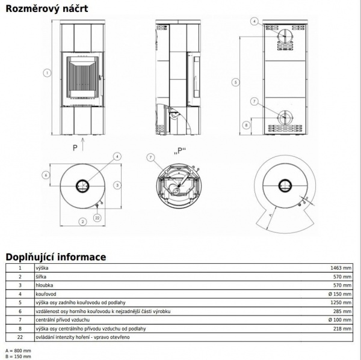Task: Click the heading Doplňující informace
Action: coord(55,257)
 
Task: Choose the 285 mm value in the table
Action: coord(342,311)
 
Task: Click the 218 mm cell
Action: coord(342,329)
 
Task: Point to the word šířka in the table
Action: coord(43,276)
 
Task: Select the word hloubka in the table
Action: coord(46,285)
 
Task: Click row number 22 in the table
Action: coord(20,337)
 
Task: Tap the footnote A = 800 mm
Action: coord(17,350)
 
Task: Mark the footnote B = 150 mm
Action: coord(17,356)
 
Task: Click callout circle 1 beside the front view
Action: coord(46,73)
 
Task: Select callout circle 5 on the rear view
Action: coord(236,82)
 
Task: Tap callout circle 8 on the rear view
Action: coord(245,125)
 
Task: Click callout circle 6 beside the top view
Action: coord(45,175)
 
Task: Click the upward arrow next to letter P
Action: coord(84,144)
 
